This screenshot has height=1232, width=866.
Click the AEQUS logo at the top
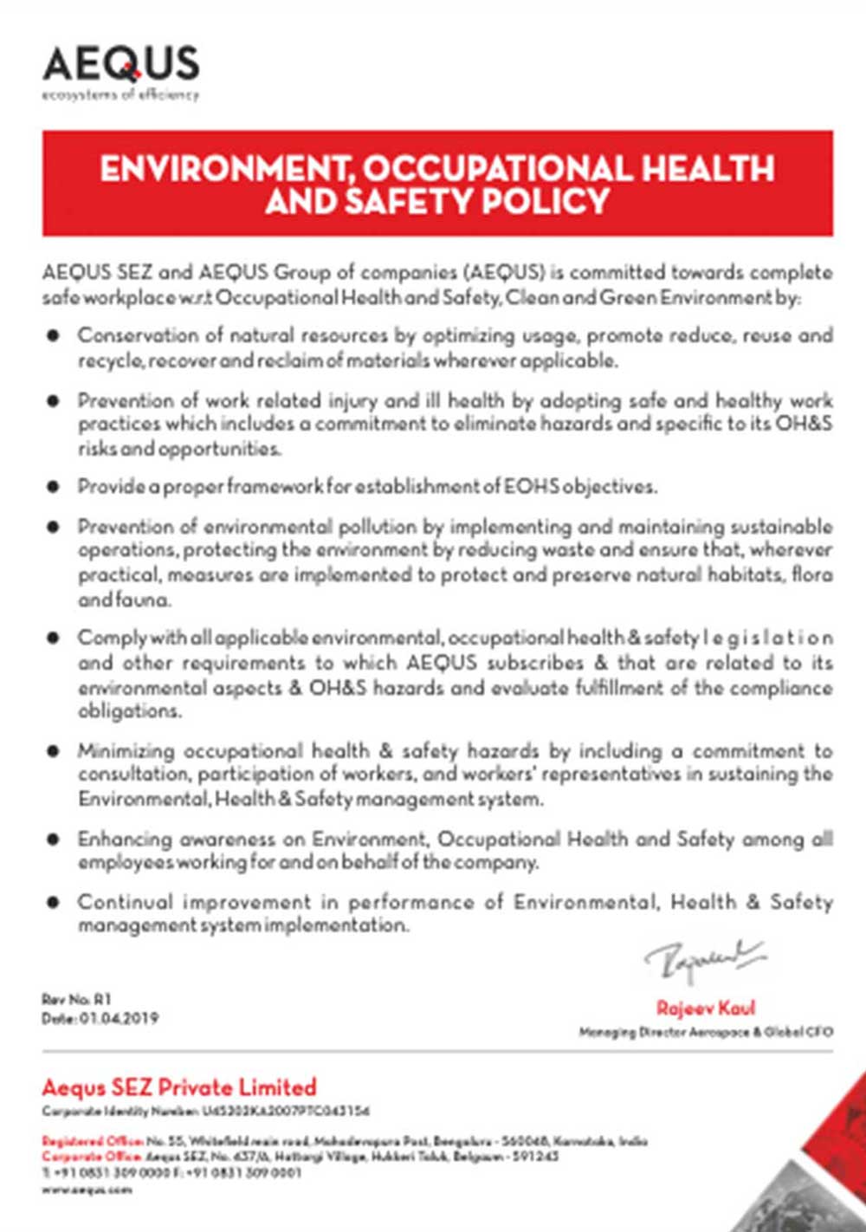(x=120, y=65)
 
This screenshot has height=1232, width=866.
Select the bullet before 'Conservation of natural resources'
(x=54, y=334)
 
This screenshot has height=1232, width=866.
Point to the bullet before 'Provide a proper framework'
(x=54, y=486)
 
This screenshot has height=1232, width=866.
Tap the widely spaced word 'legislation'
(x=768, y=638)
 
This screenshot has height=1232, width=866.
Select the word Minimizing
(x=126, y=750)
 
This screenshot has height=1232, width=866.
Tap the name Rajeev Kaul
(x=706, y=1008)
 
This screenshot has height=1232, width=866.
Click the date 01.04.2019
(x=120, y=1019)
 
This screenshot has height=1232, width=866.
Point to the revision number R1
(x=103, y=999)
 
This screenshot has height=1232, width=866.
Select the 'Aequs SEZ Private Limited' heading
(x=179, y=1087)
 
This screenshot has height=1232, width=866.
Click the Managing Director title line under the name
(x=706, y=1032)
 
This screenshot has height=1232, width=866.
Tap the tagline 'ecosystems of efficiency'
(x=120, y=94)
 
